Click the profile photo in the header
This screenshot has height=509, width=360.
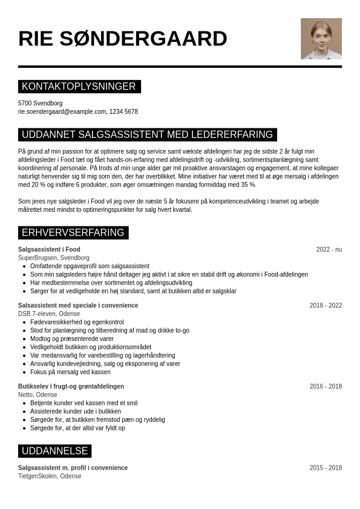pyautogui.click(x=321, y=39)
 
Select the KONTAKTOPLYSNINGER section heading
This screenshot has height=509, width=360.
pyautogui.click(x=79, y=87)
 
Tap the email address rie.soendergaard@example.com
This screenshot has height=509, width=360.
pyautogui.click(x=62, y=112)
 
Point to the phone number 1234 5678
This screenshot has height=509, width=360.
pyautogui.click(x=123, y=112)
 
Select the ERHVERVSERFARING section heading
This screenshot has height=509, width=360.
pyautogui.click(x=73, y=232)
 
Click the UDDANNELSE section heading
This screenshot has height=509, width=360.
pyautogui.click(x=54, y=451)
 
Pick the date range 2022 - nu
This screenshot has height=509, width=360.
pyautogui.click(x=329, y=249)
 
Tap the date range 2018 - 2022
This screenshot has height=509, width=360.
pyautogui.click(x=326, y=306)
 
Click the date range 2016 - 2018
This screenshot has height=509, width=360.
pyautogui.click(x=326, y=387)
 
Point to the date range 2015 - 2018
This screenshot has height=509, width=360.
pyautogui.click(x=326, y=468)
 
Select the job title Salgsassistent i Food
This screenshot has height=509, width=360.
pyautogui.click(x=49, y=249)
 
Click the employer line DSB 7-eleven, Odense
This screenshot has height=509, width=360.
pyautogui.click(x=49, y=314)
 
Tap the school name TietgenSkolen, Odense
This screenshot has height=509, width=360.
pyautogui.click(x=50, y=476)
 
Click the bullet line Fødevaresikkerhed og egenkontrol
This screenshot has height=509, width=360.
pyautogui.click(x=77, y=323)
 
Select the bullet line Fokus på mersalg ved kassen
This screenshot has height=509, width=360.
pyautogui.click(x=70, y=372)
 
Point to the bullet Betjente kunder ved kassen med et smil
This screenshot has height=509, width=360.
pyautogui.click(x=83, y=403)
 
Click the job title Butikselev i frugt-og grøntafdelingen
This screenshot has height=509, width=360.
pyautogui.click(x=71, y=387)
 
